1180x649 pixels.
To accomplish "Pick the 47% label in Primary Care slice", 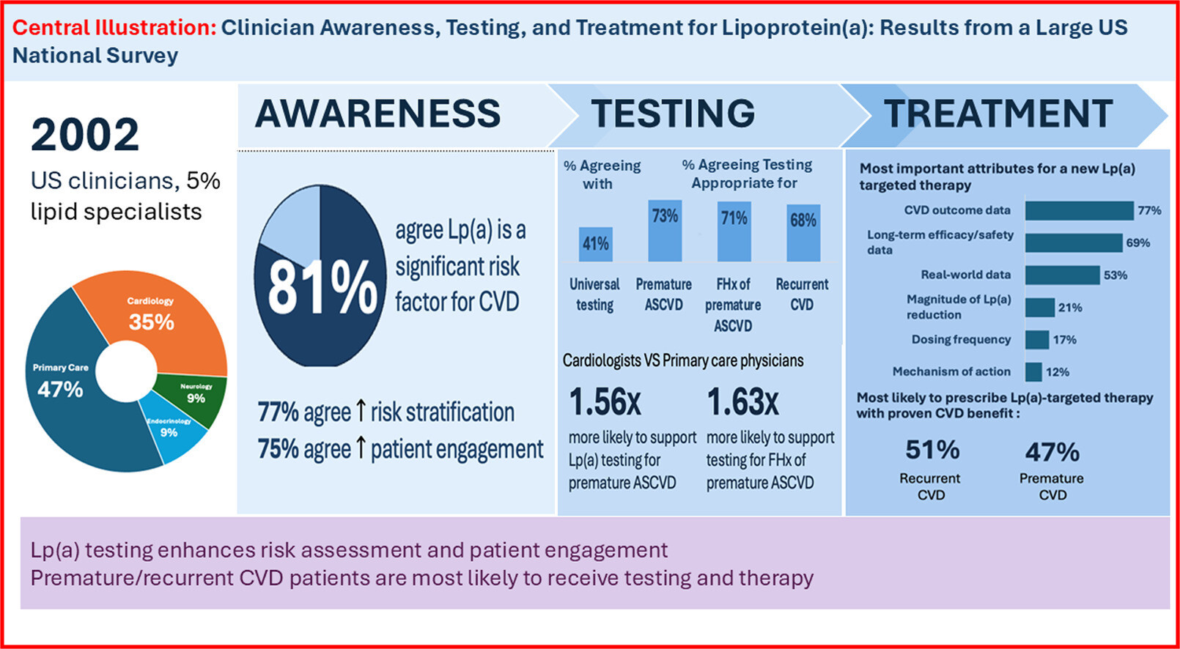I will [60, 389].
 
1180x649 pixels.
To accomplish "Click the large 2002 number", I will [85, 135].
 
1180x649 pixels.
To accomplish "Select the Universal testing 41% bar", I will [595, 244].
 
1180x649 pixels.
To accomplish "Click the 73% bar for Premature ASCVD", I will [665, 231].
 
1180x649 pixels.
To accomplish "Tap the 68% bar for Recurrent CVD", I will [803, 233].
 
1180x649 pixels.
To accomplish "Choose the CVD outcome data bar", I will [1079, 210].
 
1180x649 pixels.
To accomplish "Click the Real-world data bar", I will [1062, 275].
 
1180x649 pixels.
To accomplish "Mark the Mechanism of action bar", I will [1033, 372].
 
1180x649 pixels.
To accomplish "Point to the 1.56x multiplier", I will [605, 401].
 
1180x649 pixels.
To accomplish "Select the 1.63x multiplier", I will [742, 401].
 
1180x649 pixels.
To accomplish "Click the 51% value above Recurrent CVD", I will [932, 450].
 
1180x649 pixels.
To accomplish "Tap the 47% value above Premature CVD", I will [1052, 452].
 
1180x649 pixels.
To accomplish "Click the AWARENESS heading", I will [378, 114].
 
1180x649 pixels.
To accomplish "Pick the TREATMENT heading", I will [998, 114].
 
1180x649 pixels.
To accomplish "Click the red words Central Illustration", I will [114, 28].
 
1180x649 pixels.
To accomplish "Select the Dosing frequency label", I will [961, 339].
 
